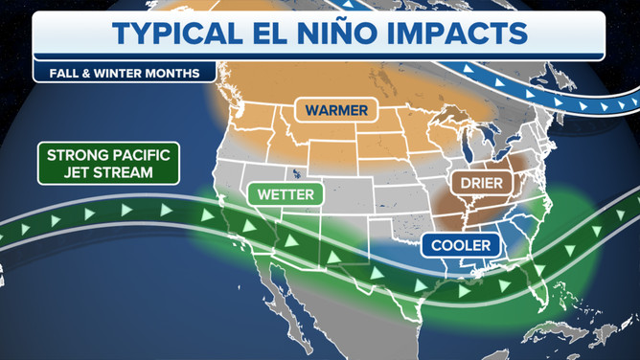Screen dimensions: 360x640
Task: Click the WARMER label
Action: (x=335, y=111)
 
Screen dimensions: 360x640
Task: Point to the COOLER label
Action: (x=460, y=246)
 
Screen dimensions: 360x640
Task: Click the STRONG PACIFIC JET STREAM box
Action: (x=109, y=164)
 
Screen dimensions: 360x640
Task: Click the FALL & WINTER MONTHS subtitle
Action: (x=120, y=72)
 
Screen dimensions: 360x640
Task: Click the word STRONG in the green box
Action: (x=78, y=154)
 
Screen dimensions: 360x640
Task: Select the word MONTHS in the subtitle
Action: (x=175, y=72)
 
